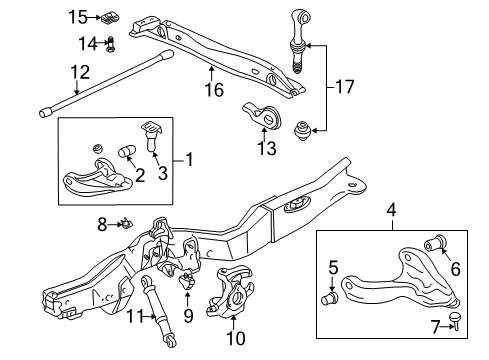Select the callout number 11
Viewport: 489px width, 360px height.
pos(136,315)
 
